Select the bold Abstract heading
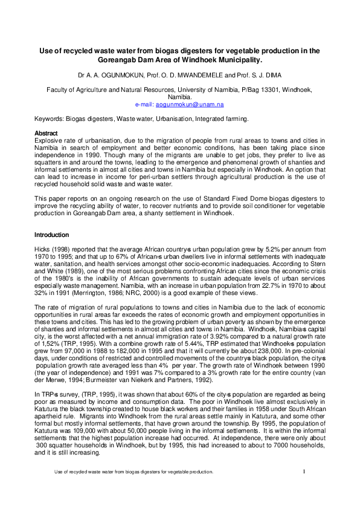[47, 133]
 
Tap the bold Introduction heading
[51, 235]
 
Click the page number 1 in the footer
[304, 487]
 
